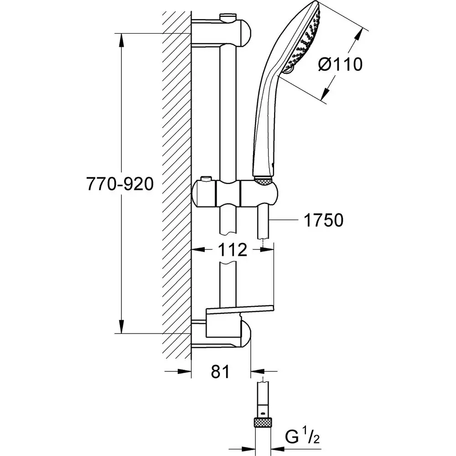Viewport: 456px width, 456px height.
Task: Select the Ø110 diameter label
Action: click(340, 64)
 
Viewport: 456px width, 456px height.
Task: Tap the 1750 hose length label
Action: click(323, 221)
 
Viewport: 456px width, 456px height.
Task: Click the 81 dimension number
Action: click(220, 372)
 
